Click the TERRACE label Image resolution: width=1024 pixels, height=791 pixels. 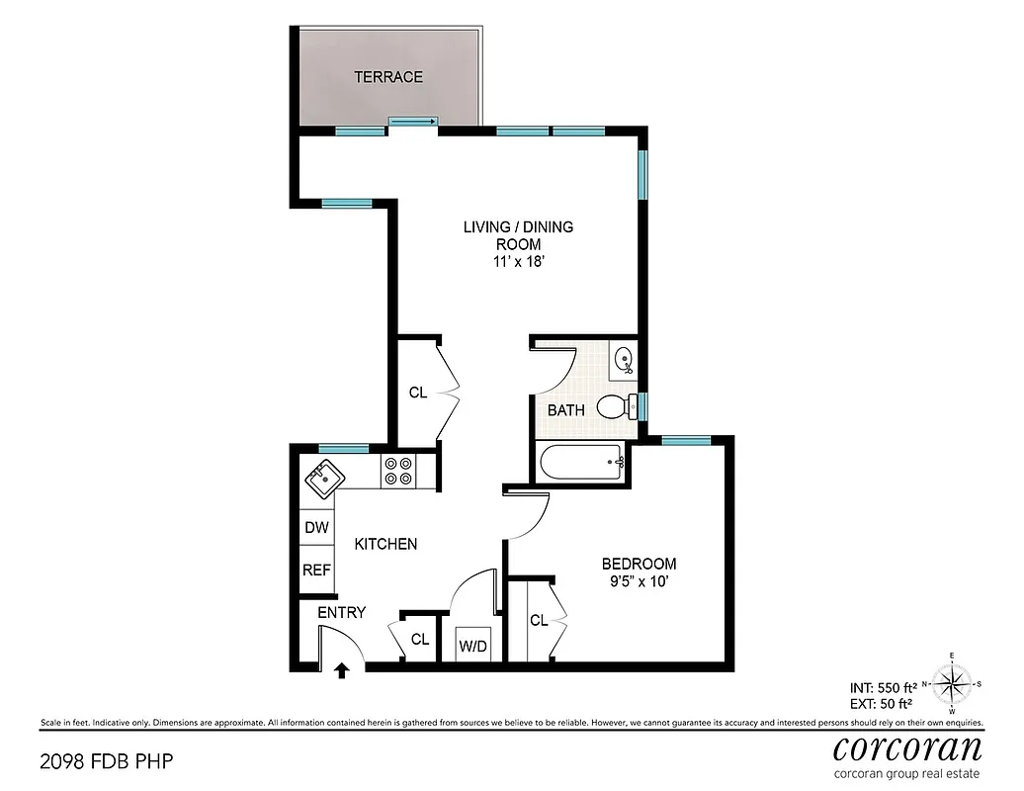(x=388, y=77)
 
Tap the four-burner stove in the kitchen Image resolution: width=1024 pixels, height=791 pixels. (x=398, y=471)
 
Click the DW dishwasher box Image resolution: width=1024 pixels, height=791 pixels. (x=316, y=528)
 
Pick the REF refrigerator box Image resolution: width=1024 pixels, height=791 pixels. (x=316, y=571)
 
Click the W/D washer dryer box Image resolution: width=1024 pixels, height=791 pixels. (x=472, y=646)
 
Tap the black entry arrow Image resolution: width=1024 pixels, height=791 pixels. (x=342, y=672)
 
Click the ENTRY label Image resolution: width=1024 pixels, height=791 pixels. (x=341, y=613)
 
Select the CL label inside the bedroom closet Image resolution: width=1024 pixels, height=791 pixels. (x=538, y=621)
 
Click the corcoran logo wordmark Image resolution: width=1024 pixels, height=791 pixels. (x=907, y=747)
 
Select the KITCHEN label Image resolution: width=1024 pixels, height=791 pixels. (x=385, y=544)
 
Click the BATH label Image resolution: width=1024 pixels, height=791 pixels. (x=565, y=409)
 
